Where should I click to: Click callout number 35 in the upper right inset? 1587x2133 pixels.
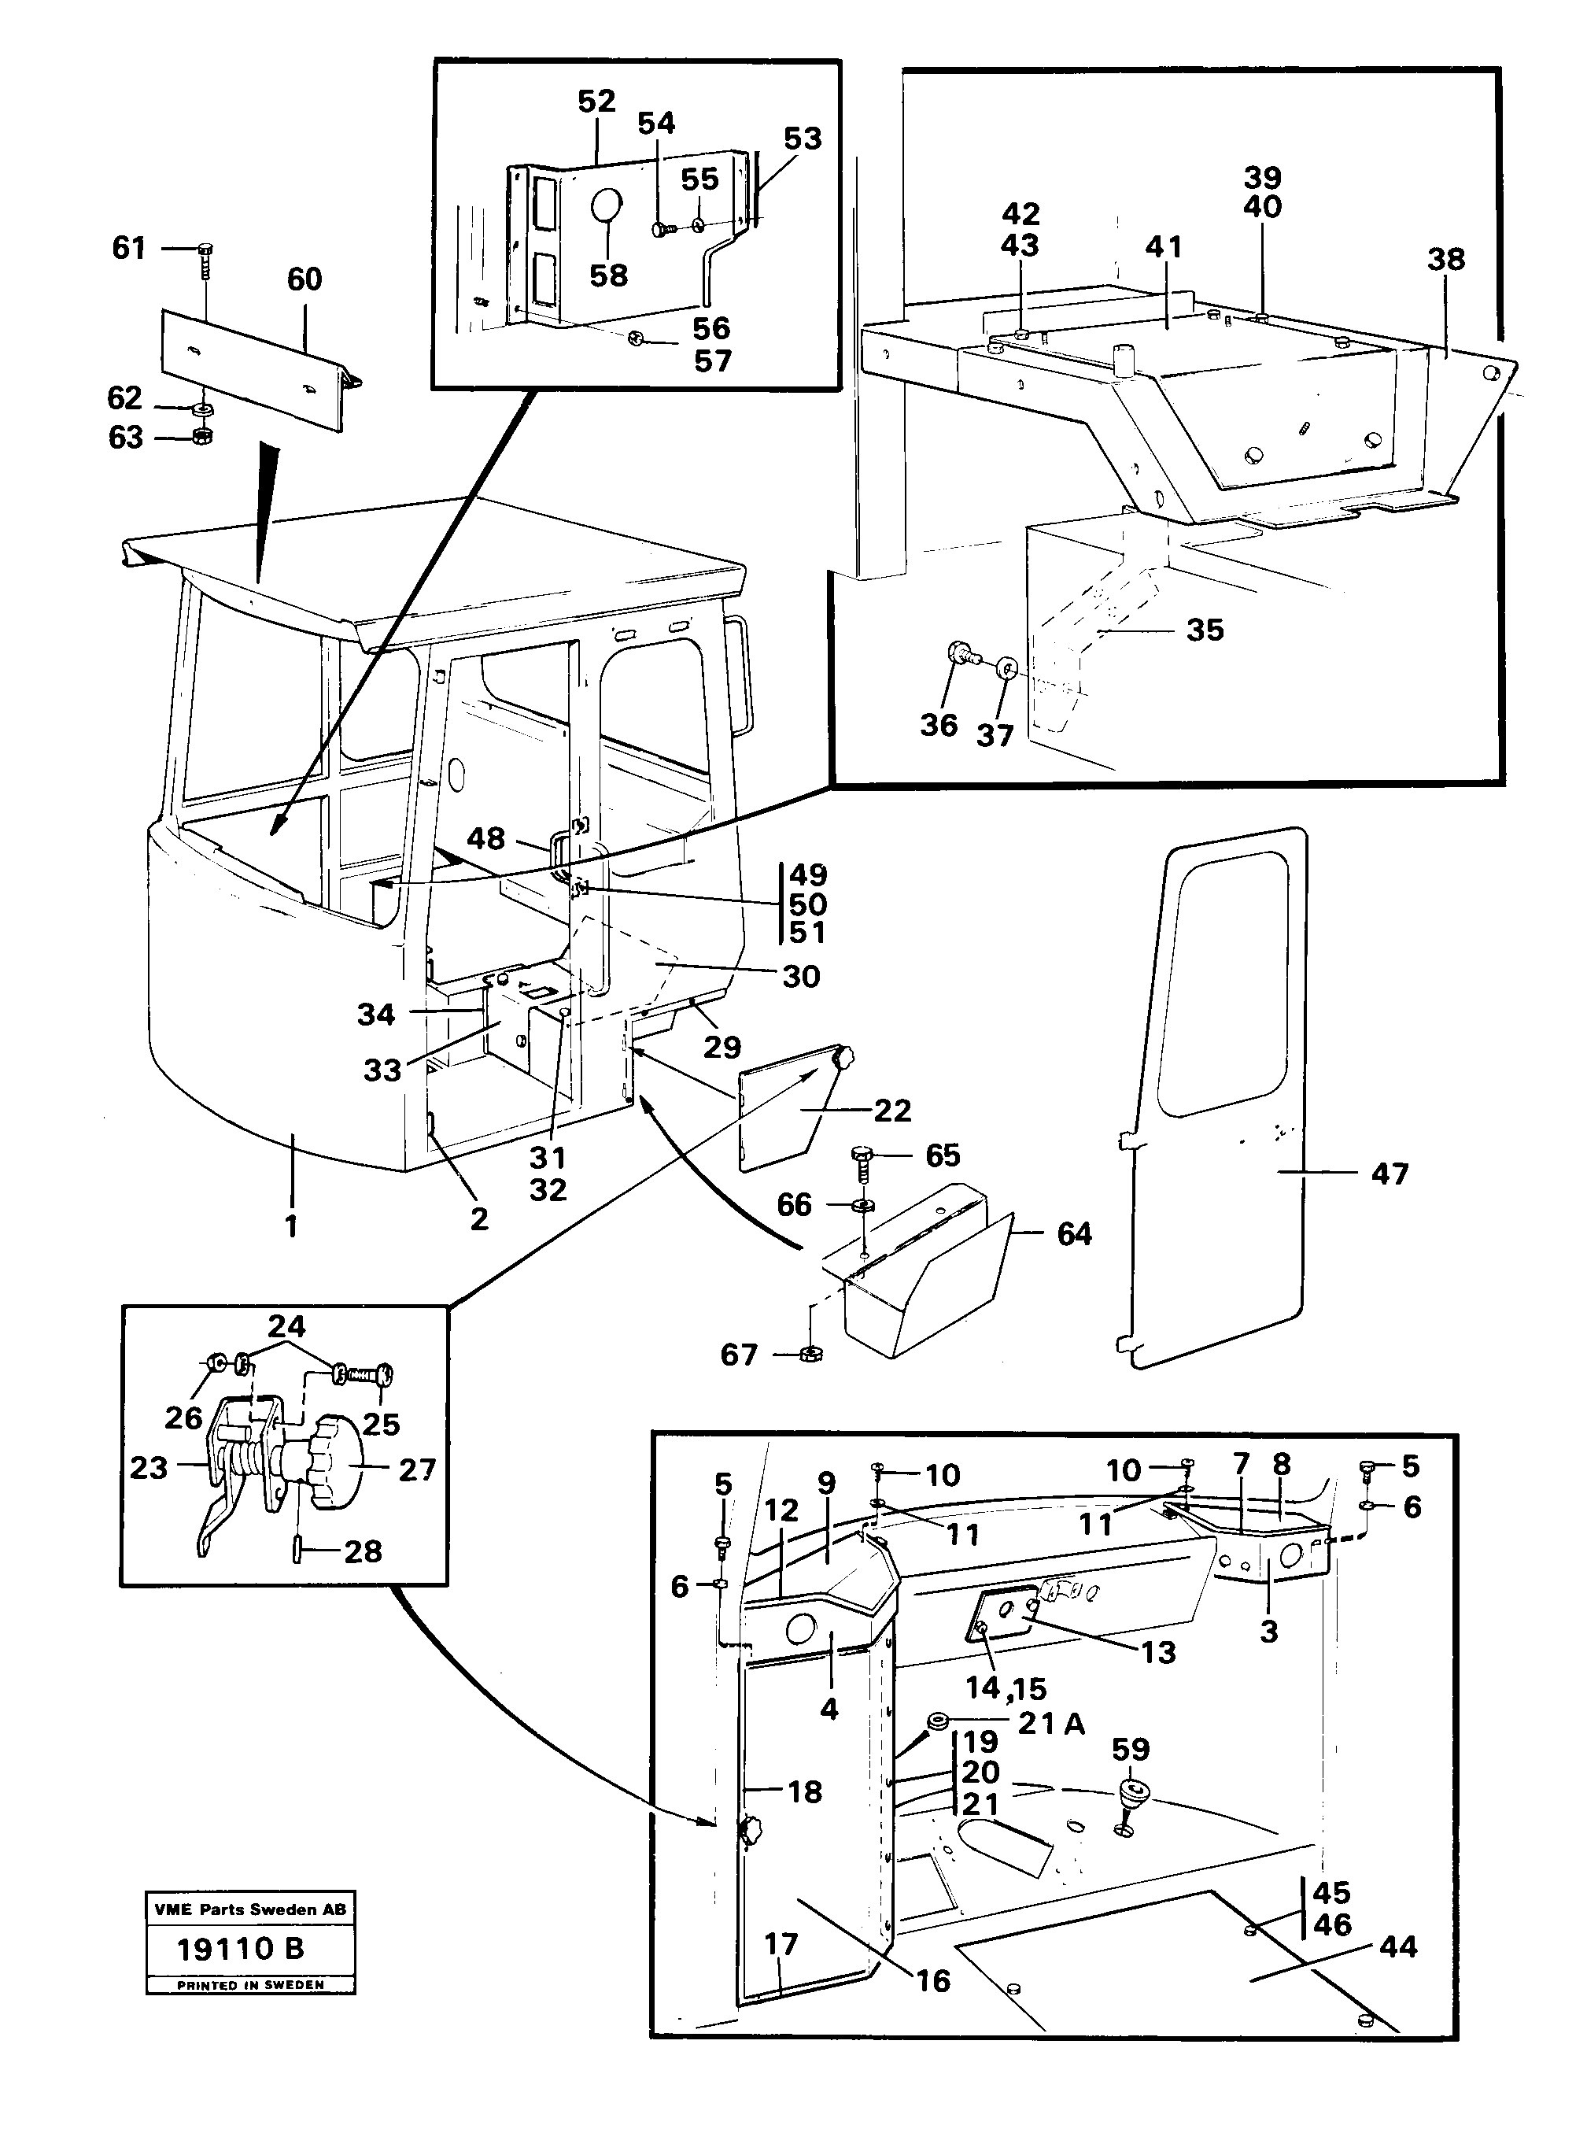(1205, 630)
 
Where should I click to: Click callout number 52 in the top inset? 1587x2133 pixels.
(596, 102)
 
